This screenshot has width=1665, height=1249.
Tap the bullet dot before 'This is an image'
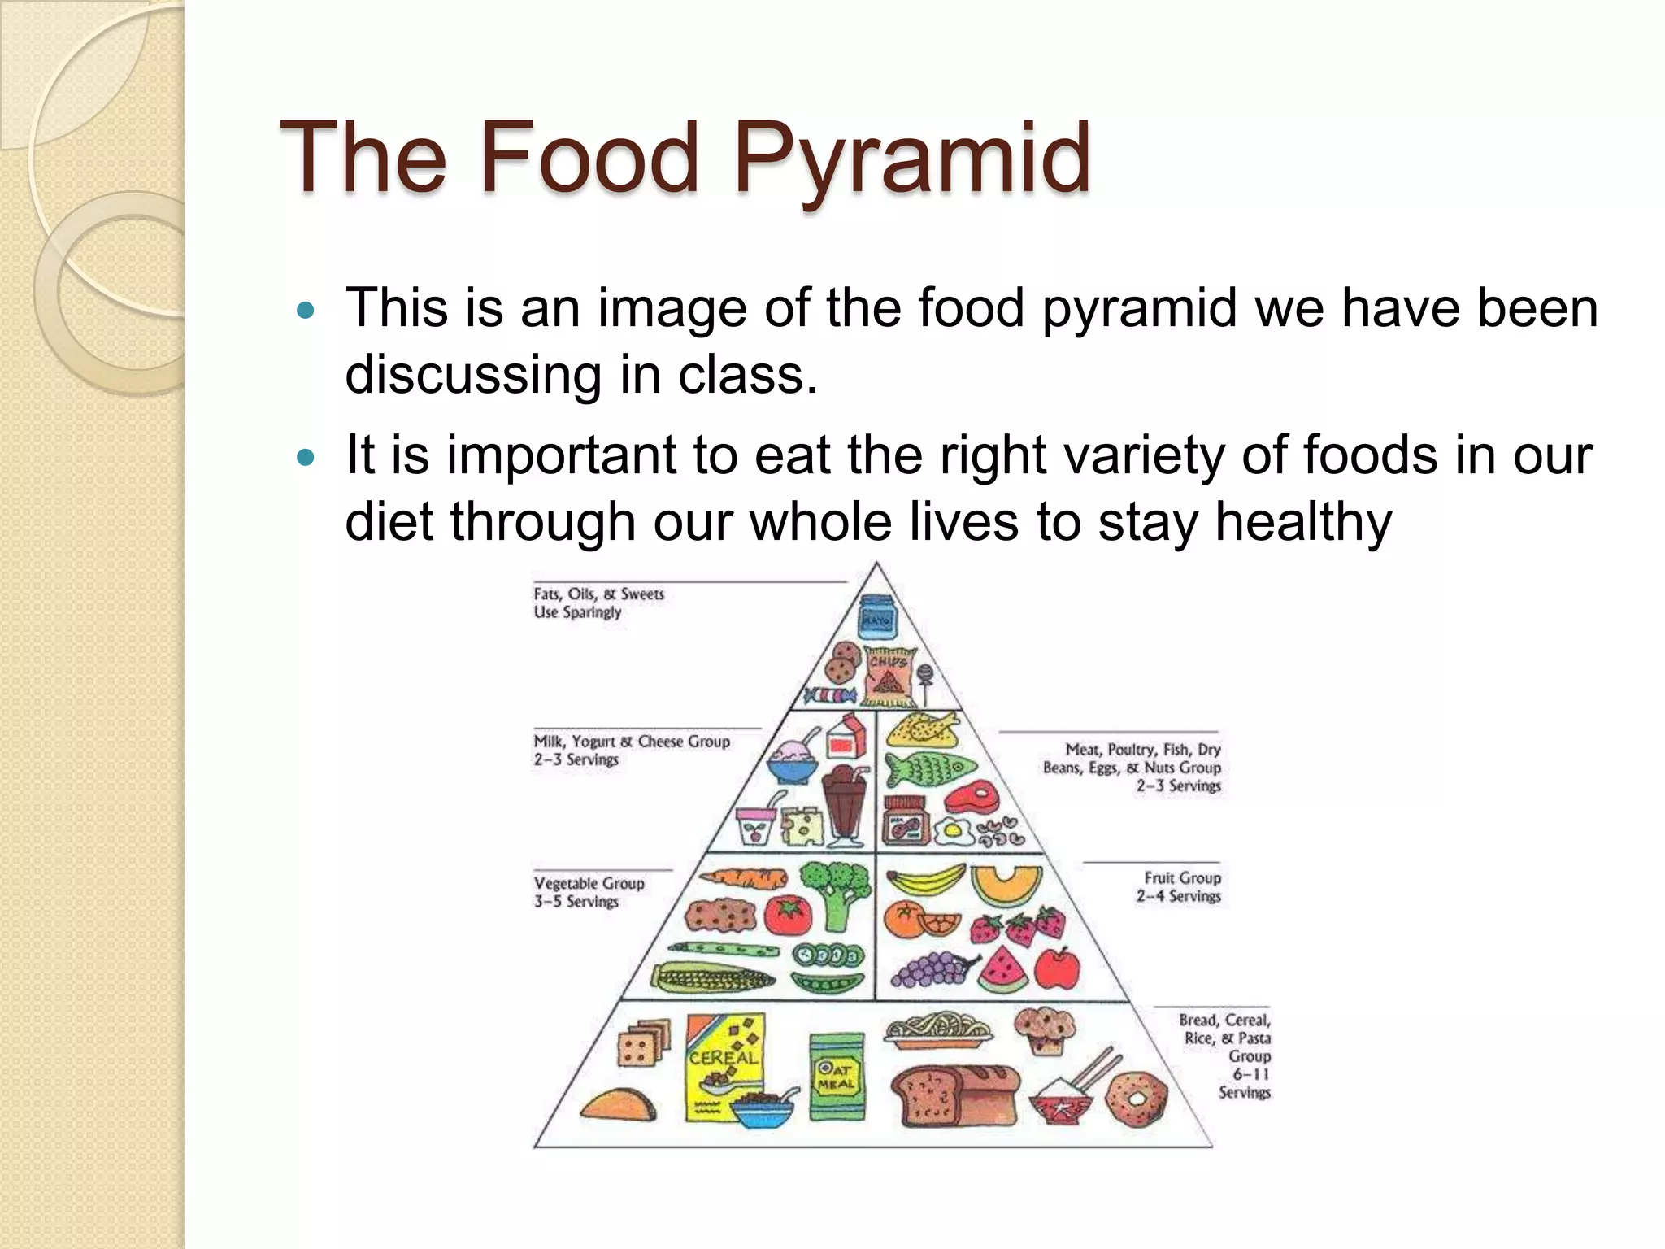[x=306, y=311]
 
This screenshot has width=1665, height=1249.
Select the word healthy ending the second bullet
[x=1302, y=521]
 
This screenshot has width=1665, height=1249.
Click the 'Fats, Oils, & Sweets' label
[x=598, y=594]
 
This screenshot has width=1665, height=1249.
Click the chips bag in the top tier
[x=889, y=677]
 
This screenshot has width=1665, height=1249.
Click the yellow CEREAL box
[x=724, y=1065]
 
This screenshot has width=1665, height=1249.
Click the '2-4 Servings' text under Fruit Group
[x=1178, y=896]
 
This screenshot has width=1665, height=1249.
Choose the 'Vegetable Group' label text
[x=589, y=883]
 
